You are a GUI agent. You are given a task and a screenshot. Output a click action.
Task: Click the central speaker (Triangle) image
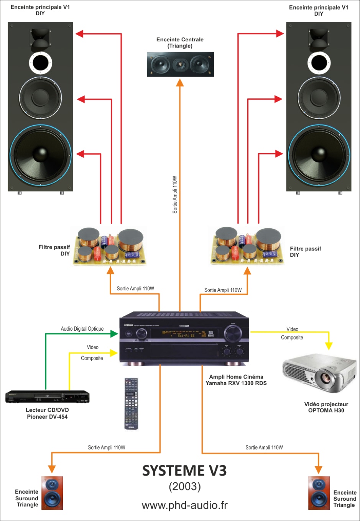tap(180, 64)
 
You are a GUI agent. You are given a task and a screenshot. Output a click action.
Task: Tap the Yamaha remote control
tap(131, 403)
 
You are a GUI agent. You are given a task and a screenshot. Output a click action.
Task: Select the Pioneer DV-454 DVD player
tap(47, 396)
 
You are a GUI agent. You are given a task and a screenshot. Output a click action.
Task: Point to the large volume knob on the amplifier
tap(233, 334)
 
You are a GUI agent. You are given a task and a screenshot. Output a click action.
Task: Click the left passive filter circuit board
tap(110, 246)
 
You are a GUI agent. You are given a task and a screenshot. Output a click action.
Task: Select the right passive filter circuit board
tap(248, 246)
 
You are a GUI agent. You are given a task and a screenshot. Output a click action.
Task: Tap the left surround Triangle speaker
tap(52, 493)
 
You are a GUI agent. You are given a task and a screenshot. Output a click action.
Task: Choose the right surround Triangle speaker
tap(319, 493)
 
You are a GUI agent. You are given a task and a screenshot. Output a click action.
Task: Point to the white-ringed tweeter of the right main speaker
tap(319, 62)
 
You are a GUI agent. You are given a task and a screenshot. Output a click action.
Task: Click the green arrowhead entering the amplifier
tap(114, 334)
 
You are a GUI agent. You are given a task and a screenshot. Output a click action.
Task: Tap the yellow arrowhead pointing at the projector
tap(329, 346)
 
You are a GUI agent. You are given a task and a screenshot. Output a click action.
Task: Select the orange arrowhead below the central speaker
tap(180, 83)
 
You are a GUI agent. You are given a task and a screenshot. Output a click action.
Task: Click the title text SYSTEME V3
tap(184, 470)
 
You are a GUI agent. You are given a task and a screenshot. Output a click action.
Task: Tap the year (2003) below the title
tap(185, 487)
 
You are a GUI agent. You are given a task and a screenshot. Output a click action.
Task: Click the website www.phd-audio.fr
tap(184, 505)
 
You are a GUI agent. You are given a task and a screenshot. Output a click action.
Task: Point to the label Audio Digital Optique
tap(82, 329)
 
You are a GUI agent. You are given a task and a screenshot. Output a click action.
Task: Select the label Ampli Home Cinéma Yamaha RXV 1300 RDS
tap(236, 380)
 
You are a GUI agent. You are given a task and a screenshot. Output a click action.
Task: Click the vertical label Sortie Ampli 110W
tap(175, 195)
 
